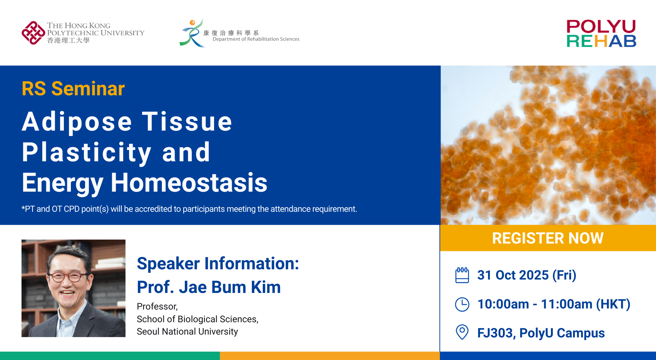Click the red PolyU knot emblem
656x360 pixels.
[x=33, y=33]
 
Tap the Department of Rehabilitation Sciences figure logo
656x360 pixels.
[x=192, y=33]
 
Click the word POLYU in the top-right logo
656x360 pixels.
[x=601, y=26]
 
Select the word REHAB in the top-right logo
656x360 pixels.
[x=601, y=41]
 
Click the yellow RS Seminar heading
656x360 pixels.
[x=73, y=89]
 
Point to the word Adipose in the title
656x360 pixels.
[x=77, y=121]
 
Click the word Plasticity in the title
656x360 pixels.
[x=87, y=152]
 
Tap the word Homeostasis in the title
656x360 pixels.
[x=189, y=183]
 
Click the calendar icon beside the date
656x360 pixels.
[x=462, y=275]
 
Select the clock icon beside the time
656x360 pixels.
[x=462, y=304]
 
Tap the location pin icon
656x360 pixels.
[x=462, y=332]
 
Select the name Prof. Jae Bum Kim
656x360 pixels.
[x=209, y=287]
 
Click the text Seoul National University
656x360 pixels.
[x=187, y=331]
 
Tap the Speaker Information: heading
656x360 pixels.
[x=218, y=263]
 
